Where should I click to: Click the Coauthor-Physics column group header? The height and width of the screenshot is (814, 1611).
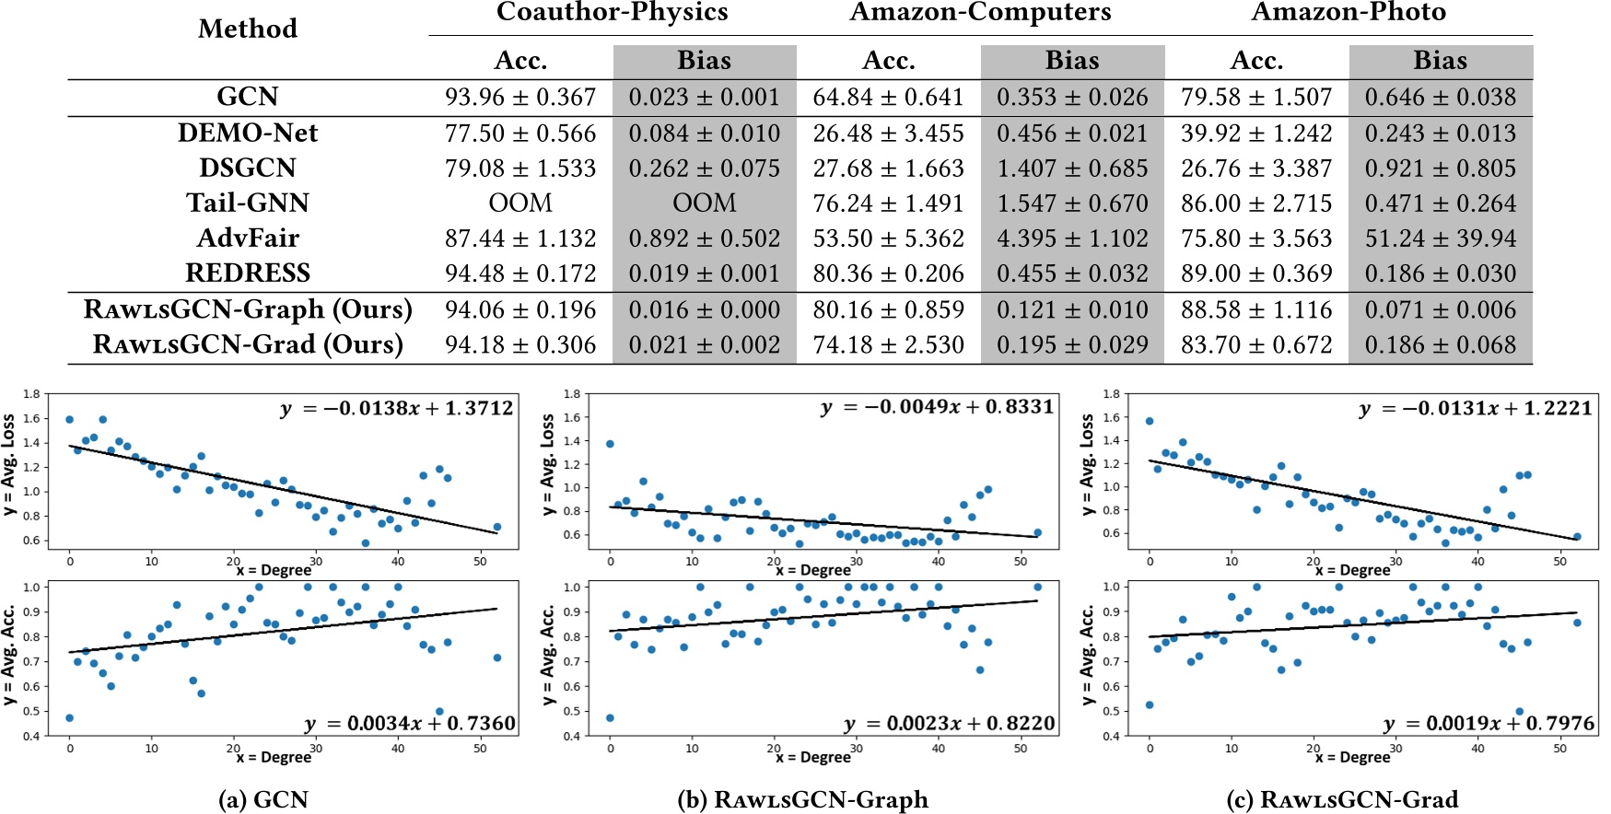click(x=612, y=12)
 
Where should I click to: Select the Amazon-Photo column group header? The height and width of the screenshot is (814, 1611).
click(x=1348, y=12)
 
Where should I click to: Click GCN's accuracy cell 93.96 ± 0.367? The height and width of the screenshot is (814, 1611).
click(x=520, y=98)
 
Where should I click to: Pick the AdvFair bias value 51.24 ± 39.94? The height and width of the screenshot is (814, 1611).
click(x=1440, y=238)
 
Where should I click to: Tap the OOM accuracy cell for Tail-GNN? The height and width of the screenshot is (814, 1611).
click(x=520, y=203)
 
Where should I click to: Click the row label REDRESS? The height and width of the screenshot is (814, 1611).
click(x=248, y=273)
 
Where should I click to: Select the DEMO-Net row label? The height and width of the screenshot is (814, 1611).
click(x=248, y=134)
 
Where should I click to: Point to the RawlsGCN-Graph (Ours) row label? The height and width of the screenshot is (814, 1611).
click(x=248, y=309)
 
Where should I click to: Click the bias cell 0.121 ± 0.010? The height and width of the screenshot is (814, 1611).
click(x=1072, y=309)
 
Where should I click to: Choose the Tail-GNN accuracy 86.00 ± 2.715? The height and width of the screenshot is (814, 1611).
click(x=1256, y=203)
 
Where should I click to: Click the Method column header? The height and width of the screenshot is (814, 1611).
click(x=248, y=29)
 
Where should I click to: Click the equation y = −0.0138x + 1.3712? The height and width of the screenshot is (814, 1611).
click(x=397, y=409)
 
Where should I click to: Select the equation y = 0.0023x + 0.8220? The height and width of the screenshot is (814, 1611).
click(x=950, y=724)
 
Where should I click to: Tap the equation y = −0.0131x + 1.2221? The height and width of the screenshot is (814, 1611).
click(x=1476, y=409)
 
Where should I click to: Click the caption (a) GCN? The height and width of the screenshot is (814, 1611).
click(x=263, y=799)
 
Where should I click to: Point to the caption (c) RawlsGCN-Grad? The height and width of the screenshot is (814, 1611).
click(x=1342, y=799)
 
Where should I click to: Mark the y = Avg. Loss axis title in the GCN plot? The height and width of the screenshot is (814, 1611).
click(x=10, y=466)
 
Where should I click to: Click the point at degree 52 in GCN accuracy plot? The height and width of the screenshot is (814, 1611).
click(x=496, y=657)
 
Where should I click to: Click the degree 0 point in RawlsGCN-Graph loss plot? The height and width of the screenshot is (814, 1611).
click(x=610, y=444)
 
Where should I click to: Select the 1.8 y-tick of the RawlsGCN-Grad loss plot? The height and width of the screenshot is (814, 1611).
click(x=1112, y=394)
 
